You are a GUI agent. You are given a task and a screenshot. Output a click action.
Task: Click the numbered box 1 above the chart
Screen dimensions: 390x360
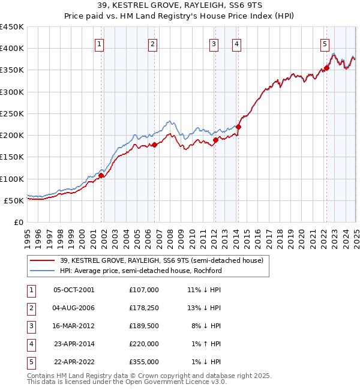coord(99,43)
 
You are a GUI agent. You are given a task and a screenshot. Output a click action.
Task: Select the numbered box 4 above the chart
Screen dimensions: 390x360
coord(237,43)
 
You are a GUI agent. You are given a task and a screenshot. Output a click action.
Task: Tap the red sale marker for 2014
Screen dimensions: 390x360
coord(238,127)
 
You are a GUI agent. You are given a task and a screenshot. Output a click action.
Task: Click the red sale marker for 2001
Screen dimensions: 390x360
coord(101,176)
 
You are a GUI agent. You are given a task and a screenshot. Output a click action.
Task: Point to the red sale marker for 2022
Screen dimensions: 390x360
coord(326,68)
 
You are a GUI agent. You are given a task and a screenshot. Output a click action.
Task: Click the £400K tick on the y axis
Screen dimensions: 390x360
coord(13,49)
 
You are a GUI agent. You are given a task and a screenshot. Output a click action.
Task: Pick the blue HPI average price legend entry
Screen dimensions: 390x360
coord(140,271)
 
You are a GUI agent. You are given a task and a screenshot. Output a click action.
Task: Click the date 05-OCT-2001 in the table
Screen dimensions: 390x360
coord(74,290)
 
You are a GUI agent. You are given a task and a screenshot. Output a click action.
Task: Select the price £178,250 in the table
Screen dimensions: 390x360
coord(144,308)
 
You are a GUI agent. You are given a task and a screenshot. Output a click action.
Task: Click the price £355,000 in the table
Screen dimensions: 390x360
coord(144,362)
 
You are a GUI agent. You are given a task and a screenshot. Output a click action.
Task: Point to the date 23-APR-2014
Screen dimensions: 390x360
coord(74,344)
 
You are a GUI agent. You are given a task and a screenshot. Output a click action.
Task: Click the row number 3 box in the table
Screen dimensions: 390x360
coord(30,326)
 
